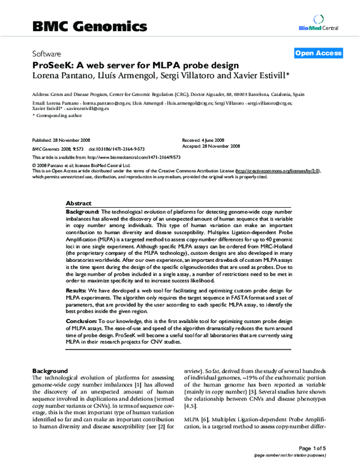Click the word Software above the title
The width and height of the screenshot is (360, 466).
[46, 53]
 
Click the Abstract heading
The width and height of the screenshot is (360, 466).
[78, 204]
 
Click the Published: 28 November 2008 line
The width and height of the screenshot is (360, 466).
[59, 139]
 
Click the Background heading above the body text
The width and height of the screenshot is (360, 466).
[49, 370]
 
